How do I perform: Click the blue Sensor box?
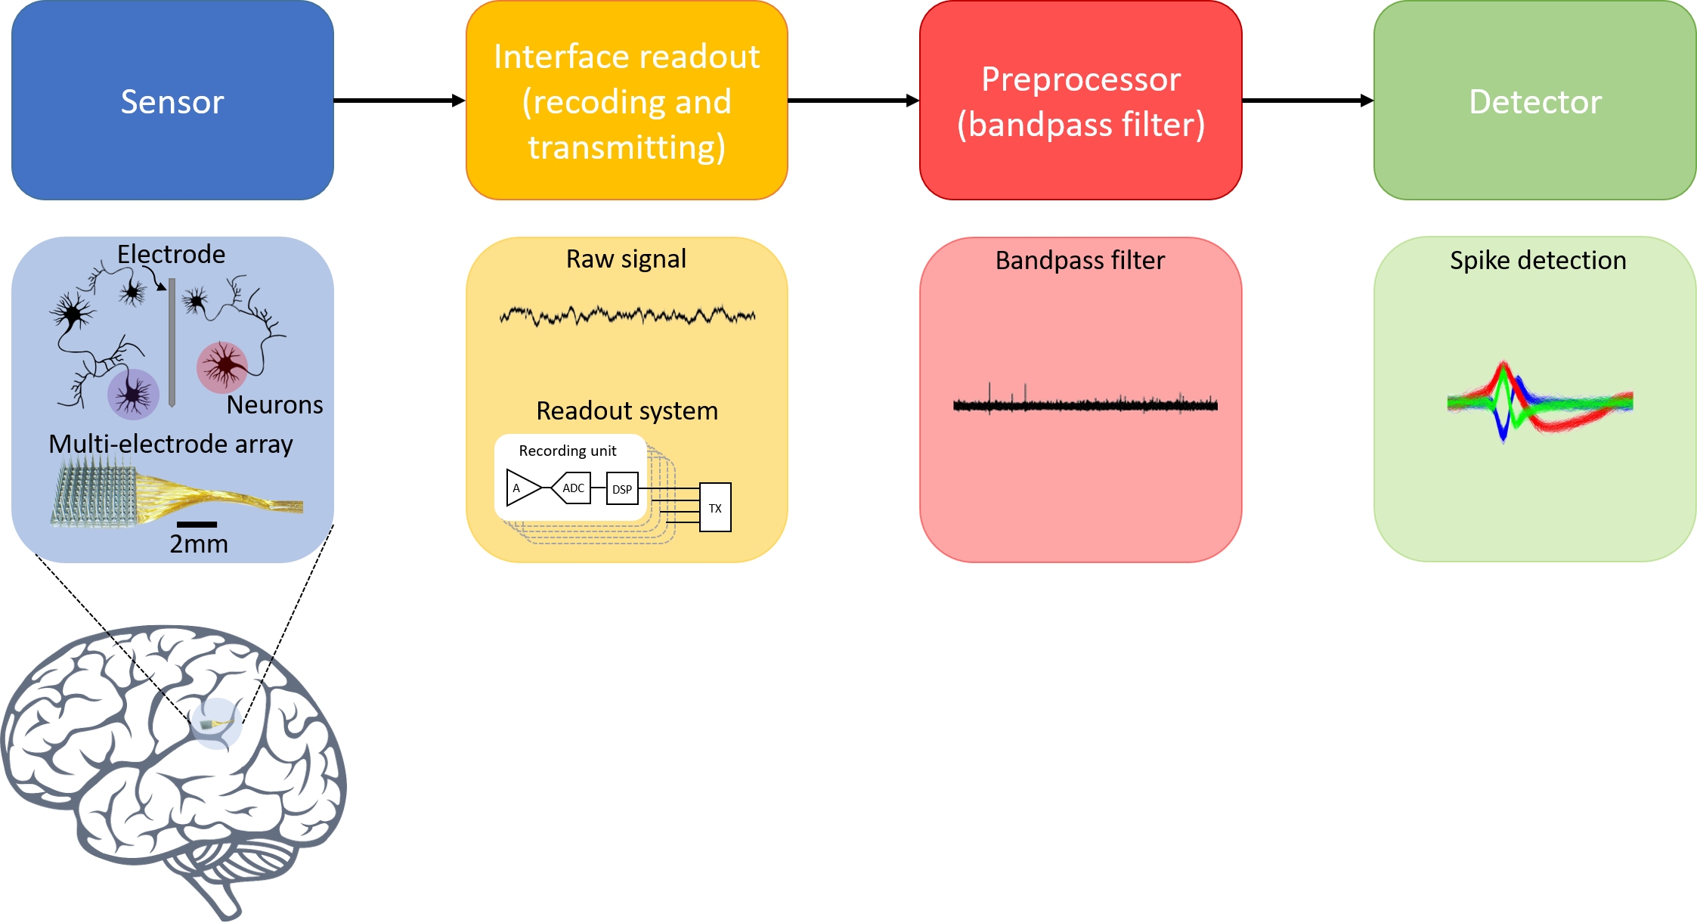point(172,101)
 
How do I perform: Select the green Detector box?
point(1534,101)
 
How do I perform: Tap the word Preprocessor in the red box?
point(1081,79)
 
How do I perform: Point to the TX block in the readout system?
point(715,507)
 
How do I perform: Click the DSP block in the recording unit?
point(622,489)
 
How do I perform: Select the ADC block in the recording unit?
point(572,488)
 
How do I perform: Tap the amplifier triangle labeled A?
point(521,488)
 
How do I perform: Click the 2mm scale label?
point(198,544)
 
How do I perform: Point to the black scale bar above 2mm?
point(197,524)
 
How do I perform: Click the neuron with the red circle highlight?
point(222,367)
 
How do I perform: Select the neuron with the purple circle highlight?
point(133,394)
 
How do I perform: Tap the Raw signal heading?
point(626,259)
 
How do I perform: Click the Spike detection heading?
point(1538,260)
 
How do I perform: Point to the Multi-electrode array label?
point(171,444)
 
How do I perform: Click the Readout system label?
point(627,410)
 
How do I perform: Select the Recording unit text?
point(567,451)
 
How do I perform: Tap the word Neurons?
point(274,404)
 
